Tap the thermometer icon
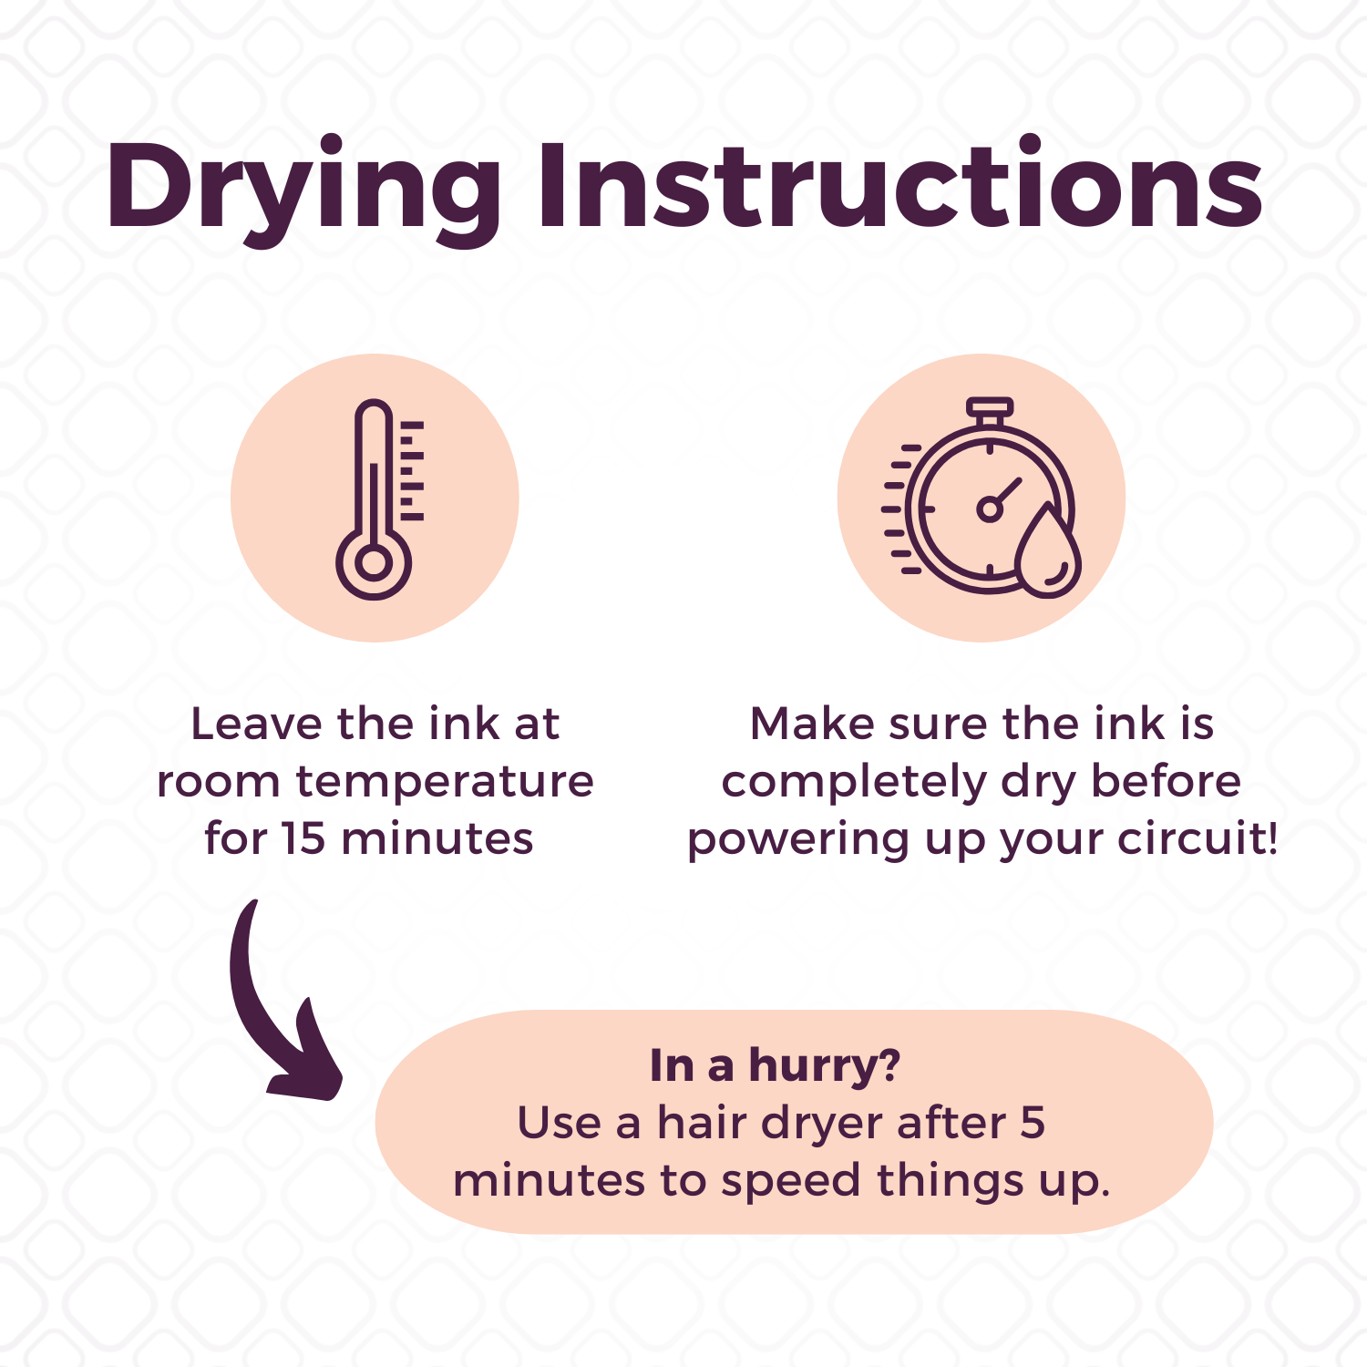380,498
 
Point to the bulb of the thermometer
374,563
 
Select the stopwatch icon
982,498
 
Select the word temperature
445,783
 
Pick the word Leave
257,725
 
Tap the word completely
855,783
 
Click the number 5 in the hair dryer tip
1033,1123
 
